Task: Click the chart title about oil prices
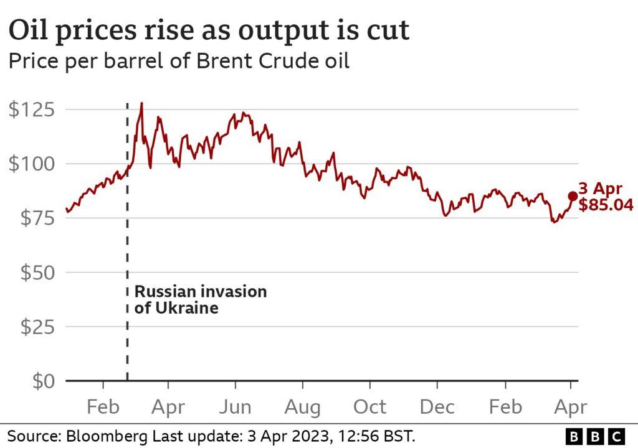point(208,30)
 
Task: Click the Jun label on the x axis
point(235,408)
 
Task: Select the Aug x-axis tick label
point(302,408)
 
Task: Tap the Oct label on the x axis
point(370,408)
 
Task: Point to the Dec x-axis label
point(437,408)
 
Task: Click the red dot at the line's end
point(573,197)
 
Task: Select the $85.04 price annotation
point(606,205)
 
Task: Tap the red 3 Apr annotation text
point(601,189)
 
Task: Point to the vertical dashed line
point(128,249)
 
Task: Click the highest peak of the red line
point(142,104)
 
